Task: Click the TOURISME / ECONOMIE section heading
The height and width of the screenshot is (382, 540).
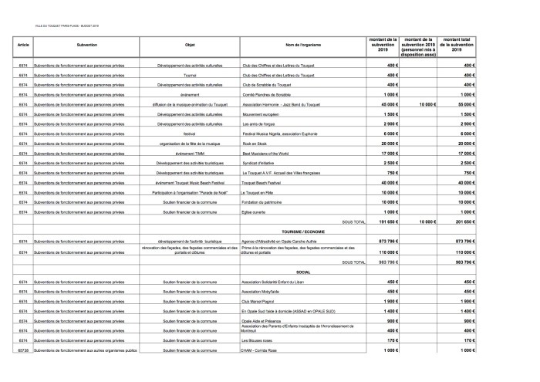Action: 302,232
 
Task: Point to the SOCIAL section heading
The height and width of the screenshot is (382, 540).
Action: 302,272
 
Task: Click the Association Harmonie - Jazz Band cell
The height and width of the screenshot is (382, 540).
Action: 281,103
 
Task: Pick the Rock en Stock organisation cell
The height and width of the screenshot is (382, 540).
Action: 255,144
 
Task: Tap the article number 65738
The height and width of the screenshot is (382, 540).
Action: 22,350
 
